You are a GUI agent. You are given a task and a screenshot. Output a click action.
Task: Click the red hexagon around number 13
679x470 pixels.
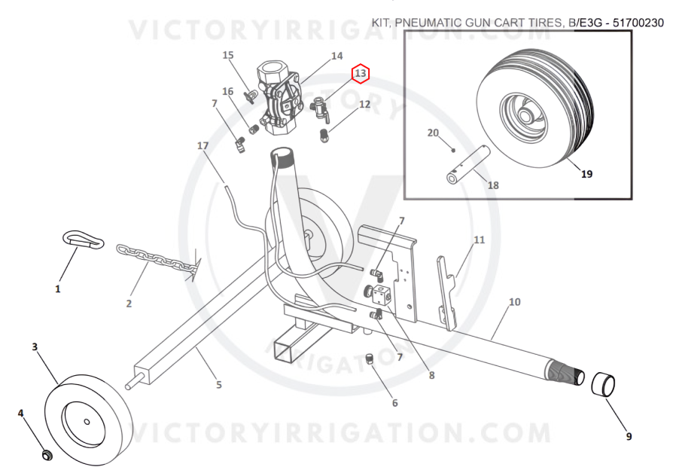(x=361, y=74)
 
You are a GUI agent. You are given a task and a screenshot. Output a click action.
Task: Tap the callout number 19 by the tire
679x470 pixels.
(x=586, y=174)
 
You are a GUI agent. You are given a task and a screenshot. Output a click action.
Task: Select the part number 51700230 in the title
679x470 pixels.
(x=638, y=23)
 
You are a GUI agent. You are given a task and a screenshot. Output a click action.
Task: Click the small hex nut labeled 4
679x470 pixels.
(x=47, y=455)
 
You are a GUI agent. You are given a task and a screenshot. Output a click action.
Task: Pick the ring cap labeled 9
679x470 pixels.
(x=603, y=384)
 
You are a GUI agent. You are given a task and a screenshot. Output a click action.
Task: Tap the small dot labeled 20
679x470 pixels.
(x=453, y=150)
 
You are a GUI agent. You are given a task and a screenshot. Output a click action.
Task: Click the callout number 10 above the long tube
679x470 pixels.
(x=514, y=301)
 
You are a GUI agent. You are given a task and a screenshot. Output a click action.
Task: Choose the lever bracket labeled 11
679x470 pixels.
(x=447, y=293)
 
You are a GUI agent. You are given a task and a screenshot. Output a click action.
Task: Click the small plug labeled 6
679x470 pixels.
(x=370, y=359)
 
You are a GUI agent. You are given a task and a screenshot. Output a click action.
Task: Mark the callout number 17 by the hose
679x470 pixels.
(x=202, y=145)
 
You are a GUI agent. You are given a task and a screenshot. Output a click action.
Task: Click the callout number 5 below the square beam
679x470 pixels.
(x=219, y=385)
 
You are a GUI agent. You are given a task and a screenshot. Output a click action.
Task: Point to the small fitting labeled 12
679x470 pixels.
(x=324, y=136)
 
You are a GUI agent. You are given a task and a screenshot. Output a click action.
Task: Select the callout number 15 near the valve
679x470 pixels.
(x=228, y=55)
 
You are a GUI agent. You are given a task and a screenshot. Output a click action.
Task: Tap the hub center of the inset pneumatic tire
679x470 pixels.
(x=525, y=116)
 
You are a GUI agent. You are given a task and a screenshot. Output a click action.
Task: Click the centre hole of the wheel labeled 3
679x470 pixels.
(x=87, y=422)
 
